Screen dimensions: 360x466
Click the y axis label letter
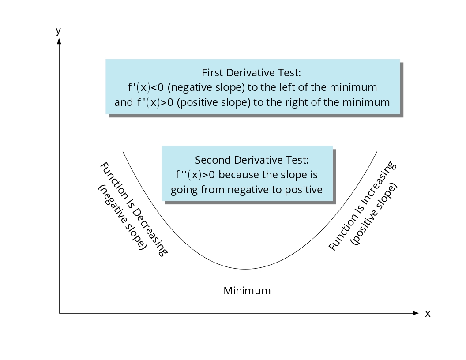click(58, 31)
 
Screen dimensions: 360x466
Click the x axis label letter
click(427, 314)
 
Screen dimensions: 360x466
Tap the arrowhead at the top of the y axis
click(59, 41)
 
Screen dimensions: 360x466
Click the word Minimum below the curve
click(247, 291)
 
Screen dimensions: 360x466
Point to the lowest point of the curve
click(245, 269)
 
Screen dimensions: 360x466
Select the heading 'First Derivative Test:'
click(251, 73)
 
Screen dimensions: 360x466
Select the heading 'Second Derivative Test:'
click(252, 160)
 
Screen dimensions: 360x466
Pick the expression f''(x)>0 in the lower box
click(195, 175)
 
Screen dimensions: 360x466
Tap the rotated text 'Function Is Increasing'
click(362, 206)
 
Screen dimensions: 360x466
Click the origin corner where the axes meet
click(59, 313)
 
